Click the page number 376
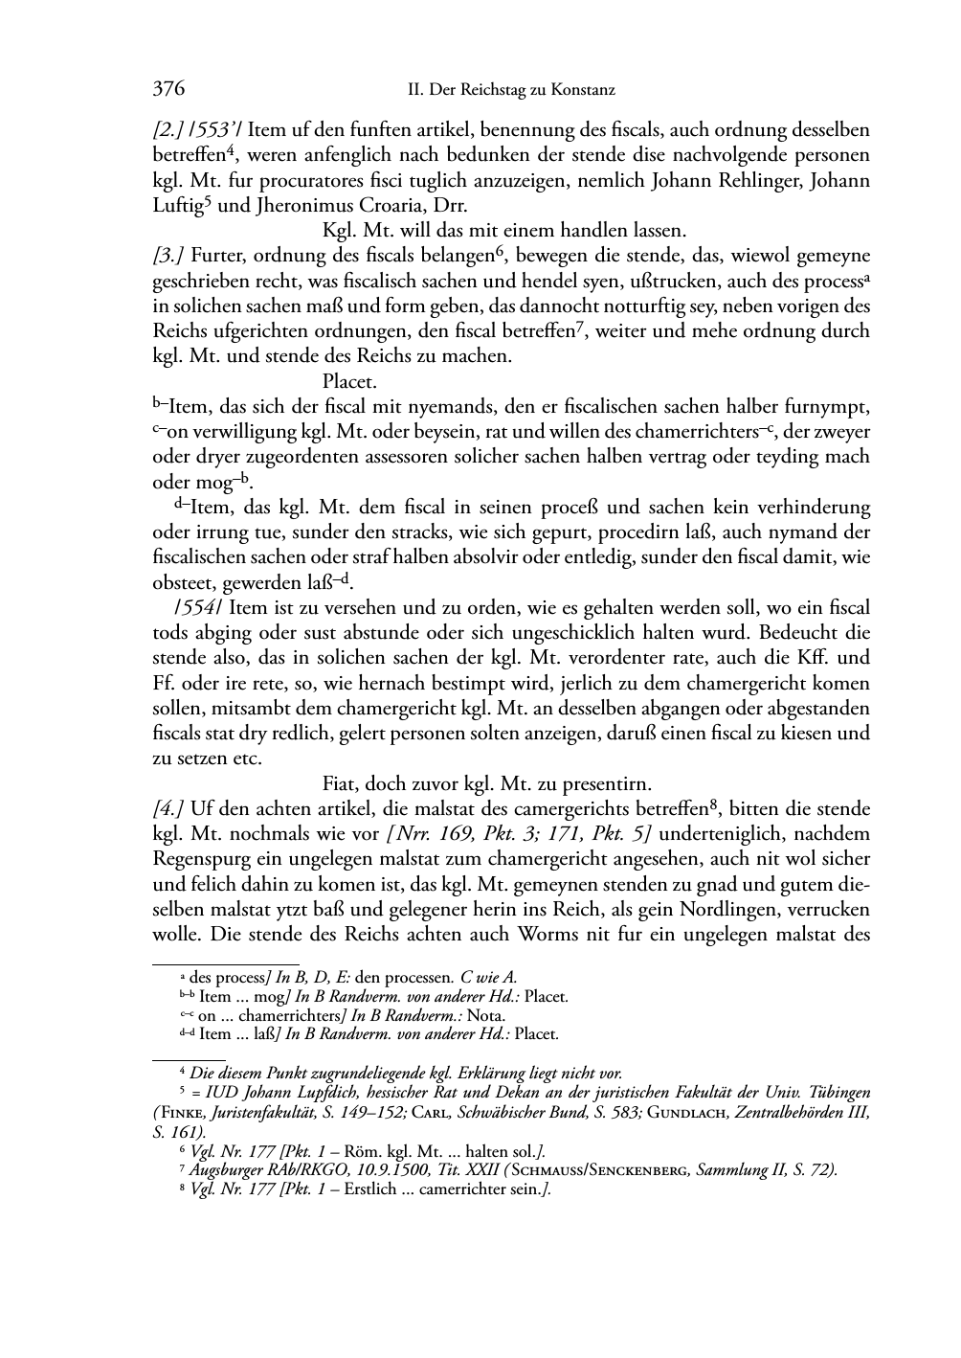pos(168,90)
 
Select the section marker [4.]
pos(169,808)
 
